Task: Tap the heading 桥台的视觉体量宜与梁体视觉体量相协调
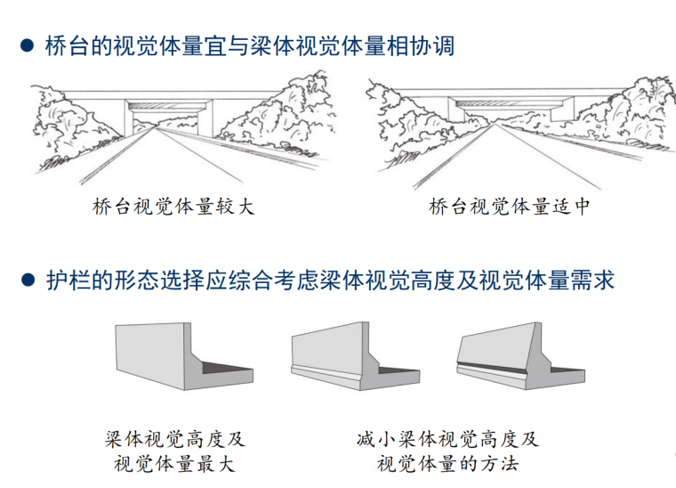249,44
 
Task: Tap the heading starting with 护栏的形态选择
329,281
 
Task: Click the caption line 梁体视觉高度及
174,440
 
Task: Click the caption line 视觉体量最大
174,464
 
